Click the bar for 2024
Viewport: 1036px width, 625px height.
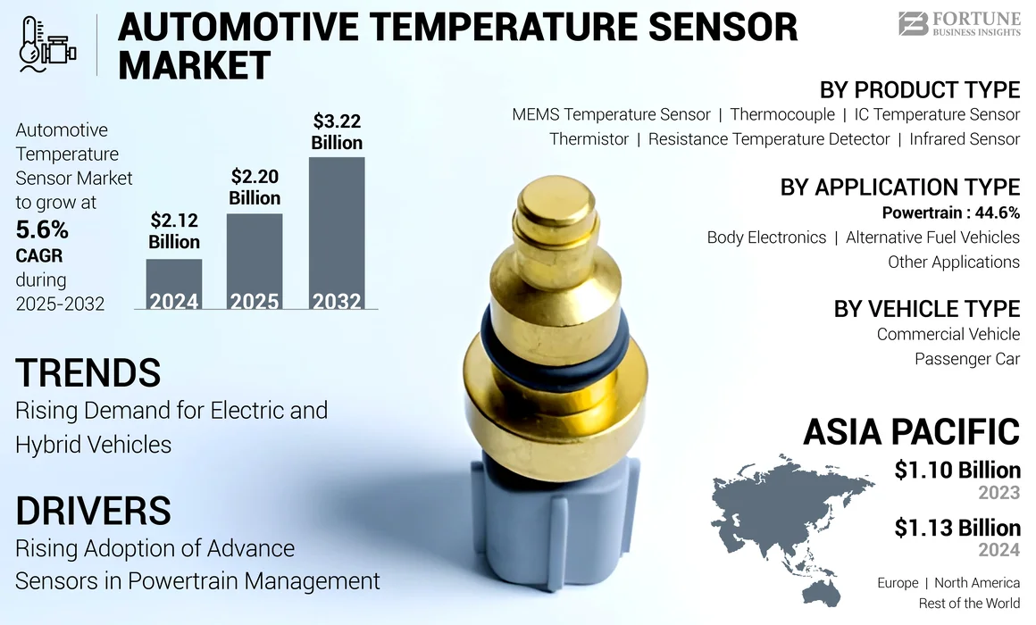coord(174,284)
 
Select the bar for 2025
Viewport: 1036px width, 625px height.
coord(255,261)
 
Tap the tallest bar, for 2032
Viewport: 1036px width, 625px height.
coord(337,233)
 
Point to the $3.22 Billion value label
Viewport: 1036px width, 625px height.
coord(337,131)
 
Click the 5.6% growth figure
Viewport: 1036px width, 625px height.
coord(42,230)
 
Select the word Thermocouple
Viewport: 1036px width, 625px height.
coord(782,114)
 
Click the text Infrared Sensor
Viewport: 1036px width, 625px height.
coord(965,139)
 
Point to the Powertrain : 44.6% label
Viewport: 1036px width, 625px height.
coord(950,212)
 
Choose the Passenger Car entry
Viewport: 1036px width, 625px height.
coord(966,359)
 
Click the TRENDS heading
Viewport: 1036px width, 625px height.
coord(88,372)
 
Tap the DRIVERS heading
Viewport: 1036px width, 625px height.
coord(93,510)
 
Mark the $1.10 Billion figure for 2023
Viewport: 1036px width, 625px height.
coord(957,470)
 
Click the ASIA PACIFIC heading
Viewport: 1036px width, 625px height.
coord(911,431)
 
